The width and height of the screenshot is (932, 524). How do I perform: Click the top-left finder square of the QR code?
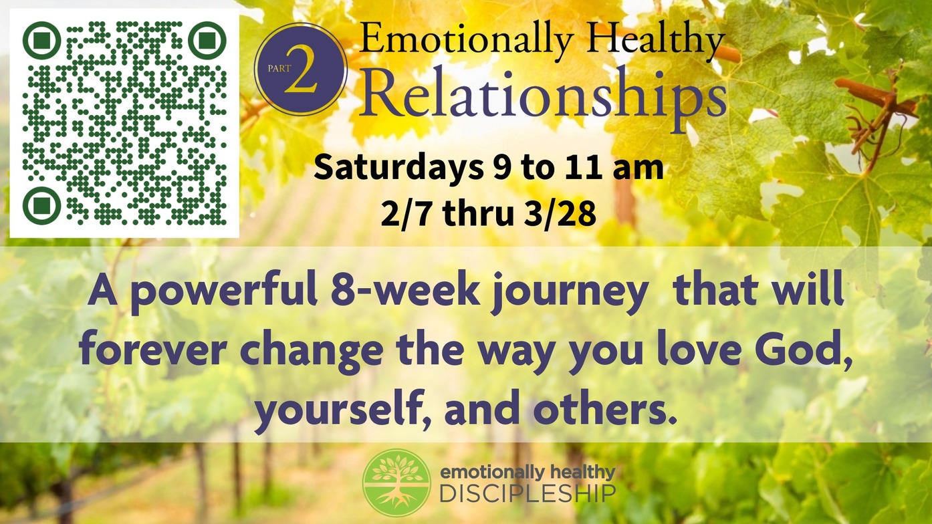[x=41, y=40]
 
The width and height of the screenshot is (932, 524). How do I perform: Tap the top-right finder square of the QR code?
[x=207, y=40]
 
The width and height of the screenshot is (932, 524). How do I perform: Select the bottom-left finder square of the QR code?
[x=41, y=205]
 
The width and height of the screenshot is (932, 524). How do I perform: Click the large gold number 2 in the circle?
[x=301, y=69]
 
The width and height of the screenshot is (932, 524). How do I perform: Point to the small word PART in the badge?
[x=279, y=68]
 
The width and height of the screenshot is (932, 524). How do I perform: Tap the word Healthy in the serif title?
[x=657, y=39]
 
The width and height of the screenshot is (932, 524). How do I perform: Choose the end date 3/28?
[x=560, y=214]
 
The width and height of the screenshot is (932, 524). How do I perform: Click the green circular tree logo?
[x=396, y=483]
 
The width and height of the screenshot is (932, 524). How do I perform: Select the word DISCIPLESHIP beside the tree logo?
[x=528, y=494]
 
